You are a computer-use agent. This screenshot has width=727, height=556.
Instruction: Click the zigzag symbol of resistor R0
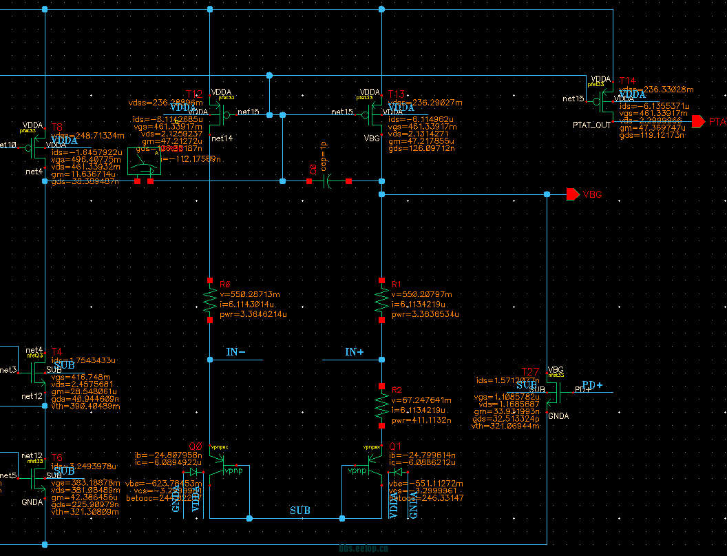(210, 300)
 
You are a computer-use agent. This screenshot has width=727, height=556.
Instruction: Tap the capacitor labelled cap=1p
(328, 181)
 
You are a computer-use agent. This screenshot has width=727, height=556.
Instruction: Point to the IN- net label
(236, 352)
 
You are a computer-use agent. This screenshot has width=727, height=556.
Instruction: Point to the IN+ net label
(355, 352)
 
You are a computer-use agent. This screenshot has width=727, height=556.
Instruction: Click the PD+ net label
(593, 384)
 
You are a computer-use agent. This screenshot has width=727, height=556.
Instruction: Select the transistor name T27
(530, 372)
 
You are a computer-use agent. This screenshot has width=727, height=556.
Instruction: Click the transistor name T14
(627, 81)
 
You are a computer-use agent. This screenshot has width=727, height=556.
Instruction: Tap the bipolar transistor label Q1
(395, 446)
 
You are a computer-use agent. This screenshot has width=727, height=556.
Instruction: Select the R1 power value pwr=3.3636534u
(425, 314)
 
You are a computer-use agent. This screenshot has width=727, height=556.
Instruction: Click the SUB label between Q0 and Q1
(299, 511)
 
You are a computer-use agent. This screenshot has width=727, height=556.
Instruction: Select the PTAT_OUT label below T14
(591, 125)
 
